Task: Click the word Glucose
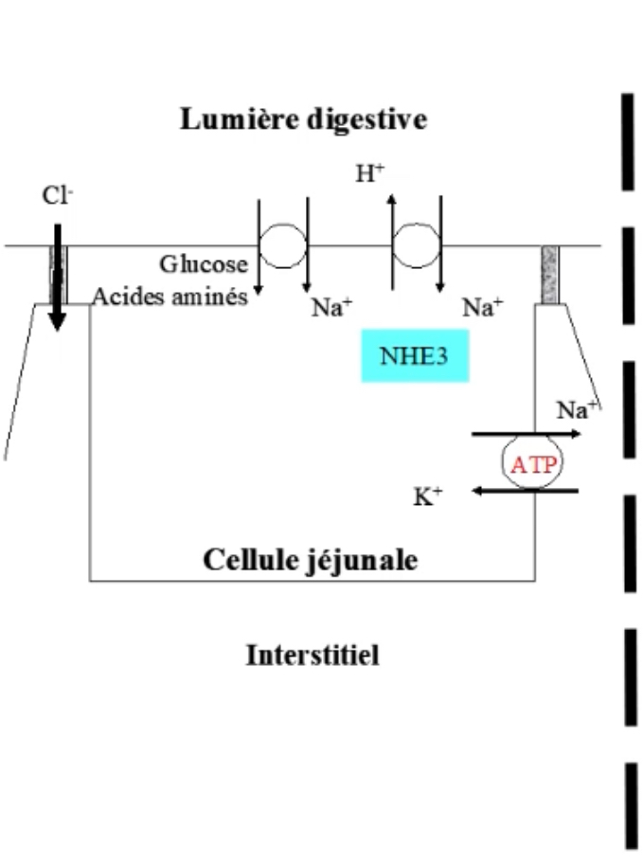point(203,264)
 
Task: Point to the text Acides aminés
point(170,297)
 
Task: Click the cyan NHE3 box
point(415,356)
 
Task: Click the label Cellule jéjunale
point(310,559)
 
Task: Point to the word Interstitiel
point(313,655)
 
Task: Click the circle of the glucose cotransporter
point(282,245)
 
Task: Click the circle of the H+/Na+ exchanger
point(415,245)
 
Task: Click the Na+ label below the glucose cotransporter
point(331,307)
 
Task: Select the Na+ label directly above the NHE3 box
point(482,307)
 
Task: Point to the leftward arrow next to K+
point(526,490)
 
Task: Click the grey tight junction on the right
point(550,275)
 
